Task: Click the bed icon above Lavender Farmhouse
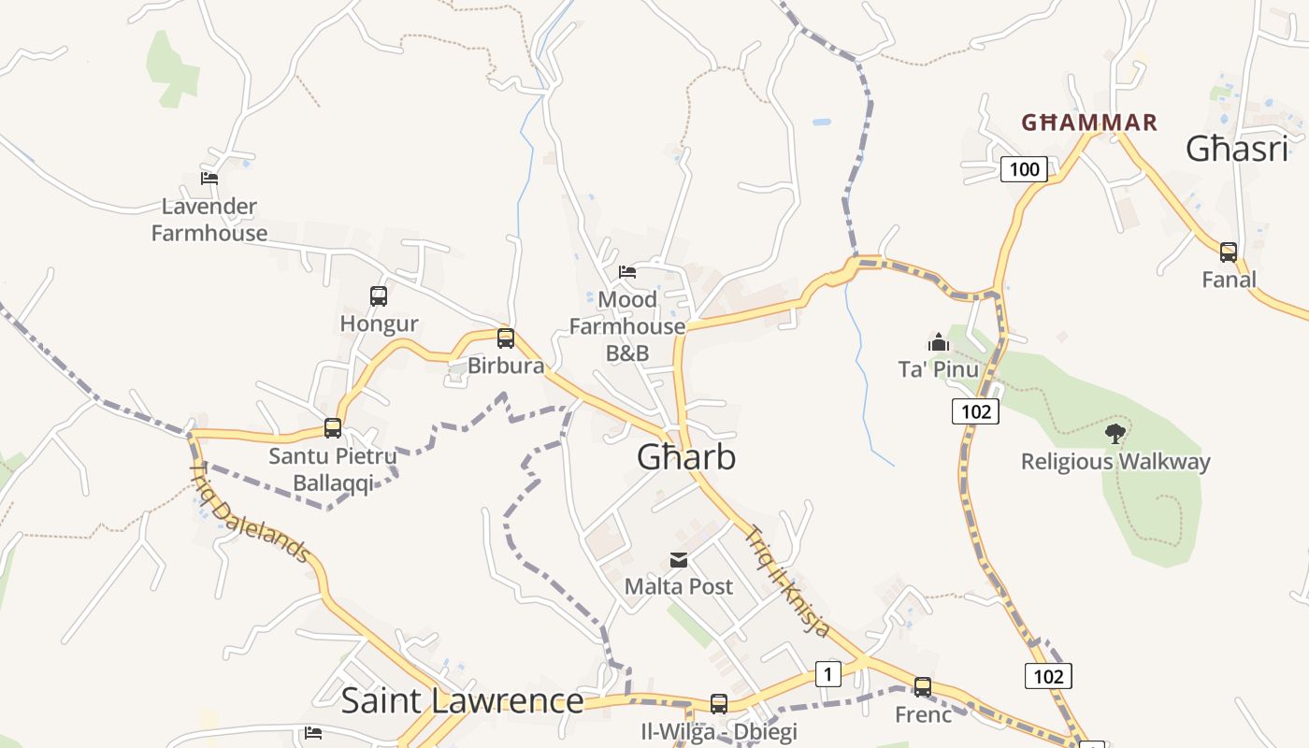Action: [209, 178]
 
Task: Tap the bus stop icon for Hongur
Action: [379, 296]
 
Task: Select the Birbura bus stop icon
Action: [506, 338]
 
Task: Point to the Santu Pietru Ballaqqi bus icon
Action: [333, 428]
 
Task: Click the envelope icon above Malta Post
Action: [679, 560]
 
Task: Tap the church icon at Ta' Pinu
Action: [939, 342]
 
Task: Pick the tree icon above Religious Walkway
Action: [1115, 433]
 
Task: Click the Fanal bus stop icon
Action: [1229, 252]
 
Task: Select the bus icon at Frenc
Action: [923, 687]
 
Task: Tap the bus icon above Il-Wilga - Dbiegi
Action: [719, 703]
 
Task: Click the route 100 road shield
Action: [1025, 169]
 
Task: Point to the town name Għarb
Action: [686, 457]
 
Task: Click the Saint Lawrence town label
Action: [462, 700]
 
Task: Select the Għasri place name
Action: [1237, 149]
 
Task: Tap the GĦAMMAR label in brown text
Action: [1089, 122]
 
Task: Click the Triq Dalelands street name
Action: [251, 513]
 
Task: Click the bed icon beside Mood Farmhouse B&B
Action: [627, 272]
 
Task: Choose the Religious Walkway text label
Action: [1115, 462]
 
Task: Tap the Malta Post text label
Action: [679, 587]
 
